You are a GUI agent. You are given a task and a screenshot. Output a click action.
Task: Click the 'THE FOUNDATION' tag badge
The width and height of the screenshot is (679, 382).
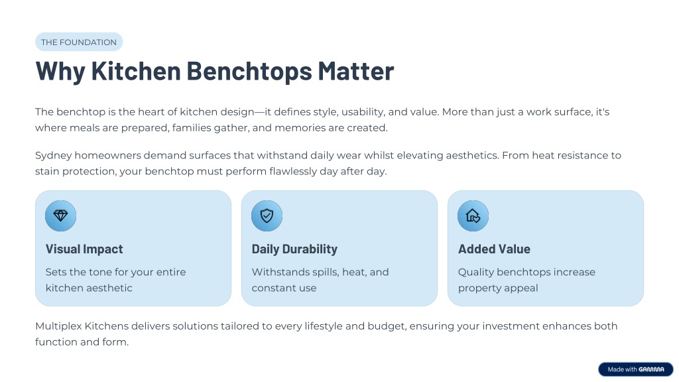(79, 42)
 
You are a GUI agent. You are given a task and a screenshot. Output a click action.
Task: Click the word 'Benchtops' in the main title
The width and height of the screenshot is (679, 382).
(249, 71)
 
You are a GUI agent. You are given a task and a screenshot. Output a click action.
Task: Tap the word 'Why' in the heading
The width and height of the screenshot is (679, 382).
(60, 71)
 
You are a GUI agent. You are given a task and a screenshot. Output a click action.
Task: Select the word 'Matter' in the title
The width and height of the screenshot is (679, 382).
(356, 70)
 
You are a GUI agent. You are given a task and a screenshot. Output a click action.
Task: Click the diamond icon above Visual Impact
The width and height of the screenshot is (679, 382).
(60, 216)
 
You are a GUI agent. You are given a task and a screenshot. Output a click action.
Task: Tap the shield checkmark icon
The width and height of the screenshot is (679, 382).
(267, 216)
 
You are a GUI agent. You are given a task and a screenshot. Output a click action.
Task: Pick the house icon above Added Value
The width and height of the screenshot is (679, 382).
(473, 216)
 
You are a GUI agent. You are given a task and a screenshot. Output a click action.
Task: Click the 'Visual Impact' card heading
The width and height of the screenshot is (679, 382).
(84, 249)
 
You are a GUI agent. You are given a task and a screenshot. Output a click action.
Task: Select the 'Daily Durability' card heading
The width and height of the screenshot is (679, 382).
(294, 249)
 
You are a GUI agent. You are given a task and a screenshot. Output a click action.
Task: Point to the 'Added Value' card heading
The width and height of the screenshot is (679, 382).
(494, 249)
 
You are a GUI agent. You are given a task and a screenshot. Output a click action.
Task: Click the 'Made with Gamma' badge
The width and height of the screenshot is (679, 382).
(636, 369)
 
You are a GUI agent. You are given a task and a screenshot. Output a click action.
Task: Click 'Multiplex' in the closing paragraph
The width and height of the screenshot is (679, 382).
(58, 326)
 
